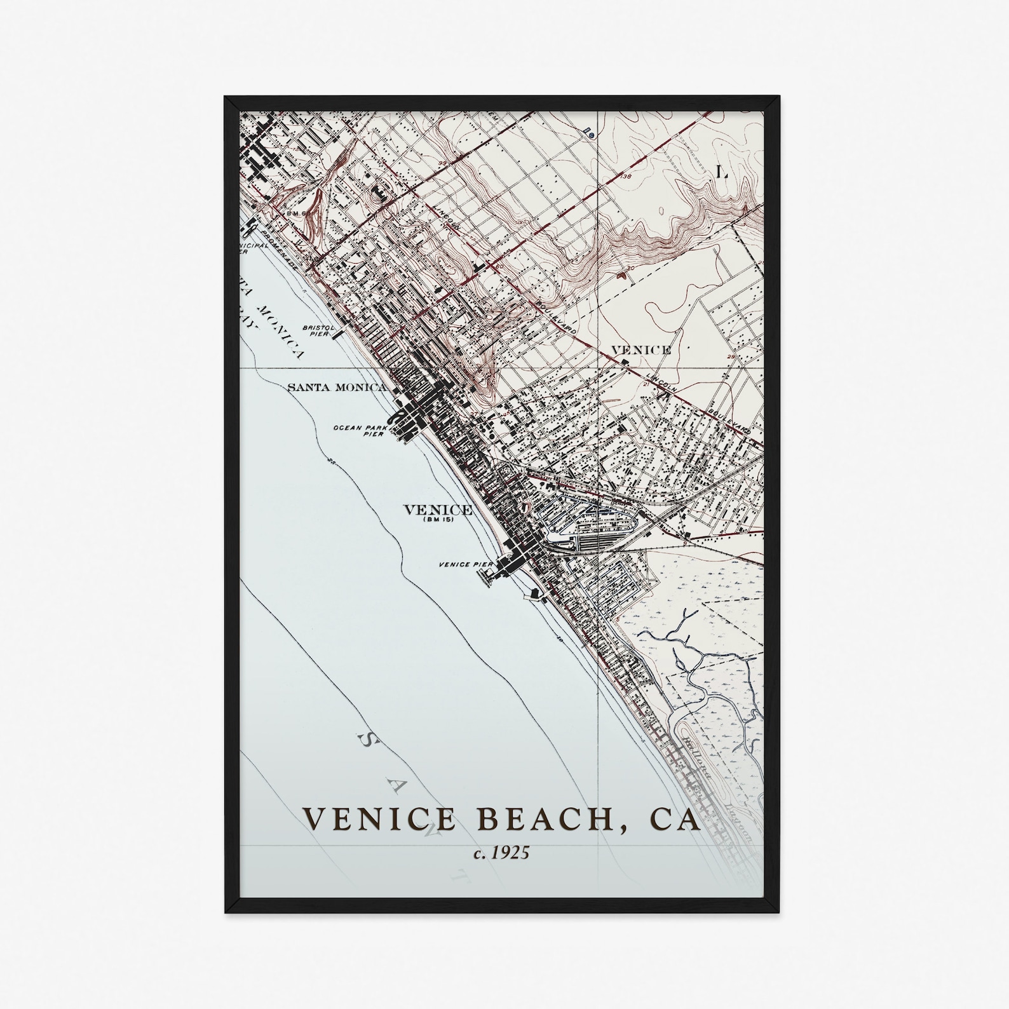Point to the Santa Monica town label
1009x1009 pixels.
(337, 387)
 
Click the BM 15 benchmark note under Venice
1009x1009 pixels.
(438, 520)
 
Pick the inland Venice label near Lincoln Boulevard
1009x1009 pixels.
(640, 349)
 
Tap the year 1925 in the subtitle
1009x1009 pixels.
(510, 853)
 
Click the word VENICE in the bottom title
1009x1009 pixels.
(379, 819)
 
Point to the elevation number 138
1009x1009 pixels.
(626, 176)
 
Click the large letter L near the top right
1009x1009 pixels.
(721, 172)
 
